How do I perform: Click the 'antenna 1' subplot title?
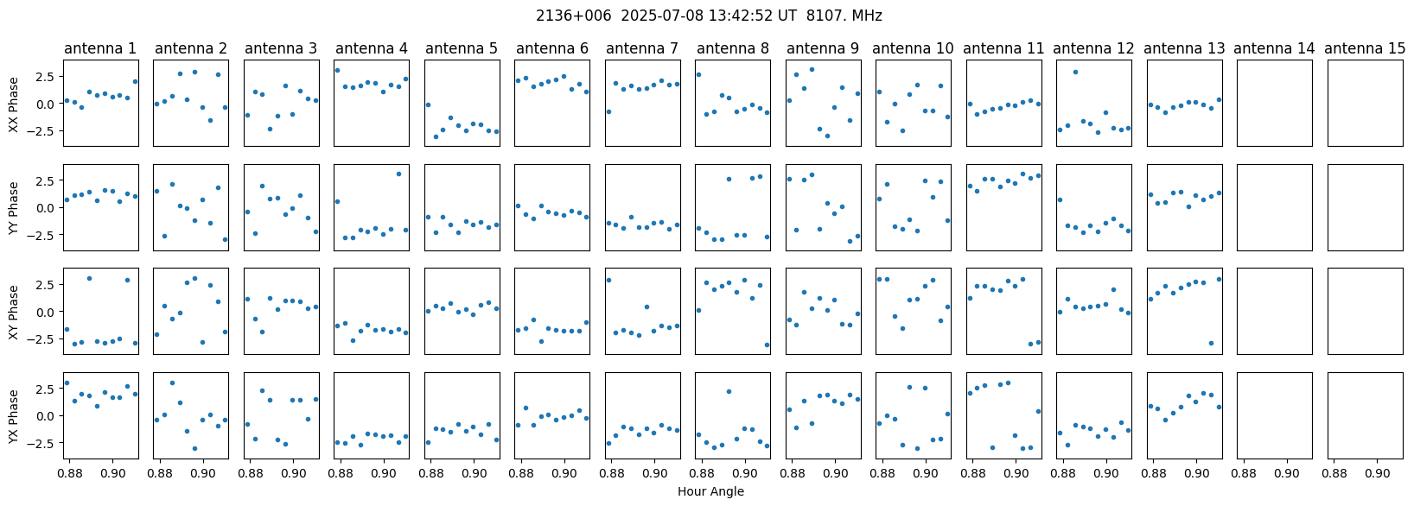click(100, 48)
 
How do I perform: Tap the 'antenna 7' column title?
click(641, 48)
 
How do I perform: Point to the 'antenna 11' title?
click(1003, 48)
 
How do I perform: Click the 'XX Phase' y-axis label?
click(13, 104)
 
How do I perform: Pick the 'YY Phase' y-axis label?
click(13, 208)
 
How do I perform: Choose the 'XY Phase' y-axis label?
click(13, 312)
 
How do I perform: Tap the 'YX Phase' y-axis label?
click(13, 416)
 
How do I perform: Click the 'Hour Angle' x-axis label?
click(710, 492)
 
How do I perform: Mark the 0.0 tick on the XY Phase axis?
click(48, 312)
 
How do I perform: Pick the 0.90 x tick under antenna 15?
click(1378, 473)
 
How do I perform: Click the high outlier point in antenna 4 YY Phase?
click(398, 174)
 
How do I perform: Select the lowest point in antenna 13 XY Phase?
click(1211, 343)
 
